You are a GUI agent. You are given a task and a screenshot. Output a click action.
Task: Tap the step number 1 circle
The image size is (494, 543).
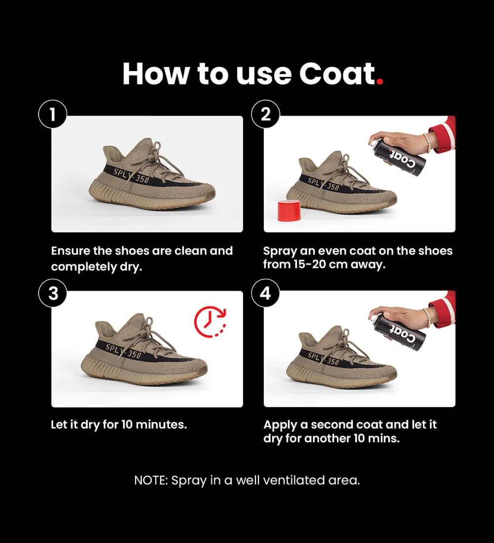click(x=52, y=115)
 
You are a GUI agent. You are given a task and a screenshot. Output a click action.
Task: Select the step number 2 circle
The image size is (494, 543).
click(x=265, y=115)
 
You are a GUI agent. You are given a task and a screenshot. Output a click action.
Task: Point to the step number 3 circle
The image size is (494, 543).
click(x=52, y=293)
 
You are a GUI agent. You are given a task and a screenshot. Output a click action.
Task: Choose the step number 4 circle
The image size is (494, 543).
click(x=265, y=293)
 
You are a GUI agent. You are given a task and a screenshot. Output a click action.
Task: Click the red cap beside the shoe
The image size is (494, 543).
click(x=289, y=210)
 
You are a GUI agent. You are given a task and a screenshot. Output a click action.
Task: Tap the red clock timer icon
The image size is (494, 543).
click(x=209, y=322)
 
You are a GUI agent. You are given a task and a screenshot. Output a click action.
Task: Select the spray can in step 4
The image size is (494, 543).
click(x=398, y=331)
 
